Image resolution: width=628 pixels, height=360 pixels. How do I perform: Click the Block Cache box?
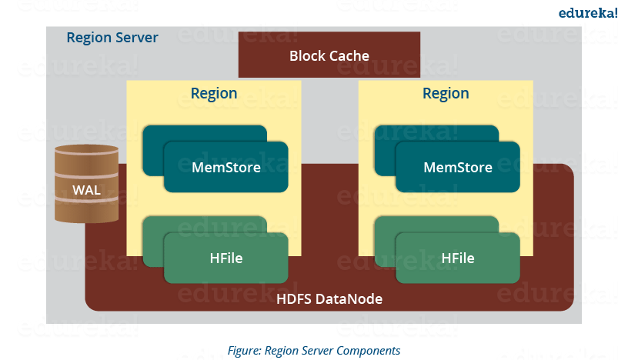coord(329,55)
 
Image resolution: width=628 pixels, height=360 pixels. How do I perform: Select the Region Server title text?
coord(112,38)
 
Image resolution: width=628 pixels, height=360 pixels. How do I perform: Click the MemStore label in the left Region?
coord(225,167)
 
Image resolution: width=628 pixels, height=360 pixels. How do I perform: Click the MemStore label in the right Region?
coord(458,167)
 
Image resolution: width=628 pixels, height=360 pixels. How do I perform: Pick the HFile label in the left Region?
coord(225,258)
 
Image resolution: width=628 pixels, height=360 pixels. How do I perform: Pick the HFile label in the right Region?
coord(458,258)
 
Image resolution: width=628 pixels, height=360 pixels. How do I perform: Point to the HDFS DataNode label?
coord(329,298)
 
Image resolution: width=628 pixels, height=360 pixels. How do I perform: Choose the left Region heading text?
coord(214,94)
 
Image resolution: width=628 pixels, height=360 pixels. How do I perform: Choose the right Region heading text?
coord(446,94)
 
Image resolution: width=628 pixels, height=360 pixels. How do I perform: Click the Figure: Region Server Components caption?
coord(314,351)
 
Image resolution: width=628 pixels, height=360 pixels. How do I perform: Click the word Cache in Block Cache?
coord(350,55)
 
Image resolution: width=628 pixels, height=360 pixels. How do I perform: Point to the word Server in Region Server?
coord(137,38)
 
